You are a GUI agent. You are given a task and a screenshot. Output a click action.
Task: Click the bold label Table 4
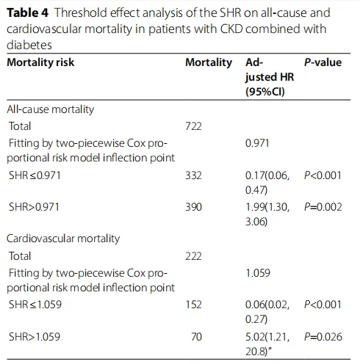28,13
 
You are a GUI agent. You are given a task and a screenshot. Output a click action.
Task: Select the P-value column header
323,62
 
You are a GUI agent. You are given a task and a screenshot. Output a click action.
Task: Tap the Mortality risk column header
40,62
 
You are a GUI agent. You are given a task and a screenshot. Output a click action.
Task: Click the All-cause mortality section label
51,109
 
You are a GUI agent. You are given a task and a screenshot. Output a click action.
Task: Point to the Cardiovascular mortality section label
63,239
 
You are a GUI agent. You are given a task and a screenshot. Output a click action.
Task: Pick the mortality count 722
193,126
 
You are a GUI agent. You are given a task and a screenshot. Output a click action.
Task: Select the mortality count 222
193,256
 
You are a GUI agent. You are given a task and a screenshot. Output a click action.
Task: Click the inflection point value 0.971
257,143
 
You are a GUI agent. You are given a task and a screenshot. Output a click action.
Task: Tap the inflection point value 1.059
258,273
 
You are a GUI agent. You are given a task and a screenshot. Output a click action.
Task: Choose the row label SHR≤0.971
35,175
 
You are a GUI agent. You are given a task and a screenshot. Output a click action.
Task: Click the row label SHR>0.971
34,207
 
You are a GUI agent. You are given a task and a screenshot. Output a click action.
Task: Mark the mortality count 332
193,175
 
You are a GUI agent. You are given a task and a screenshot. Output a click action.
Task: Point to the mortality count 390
193,207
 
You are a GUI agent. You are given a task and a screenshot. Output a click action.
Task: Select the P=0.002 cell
323,207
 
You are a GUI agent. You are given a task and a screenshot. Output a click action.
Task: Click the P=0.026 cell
323,337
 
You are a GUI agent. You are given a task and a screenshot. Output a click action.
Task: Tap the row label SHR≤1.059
35,305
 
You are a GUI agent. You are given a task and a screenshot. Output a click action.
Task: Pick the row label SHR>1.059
35,337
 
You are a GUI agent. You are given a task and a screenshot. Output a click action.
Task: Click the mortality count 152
193,305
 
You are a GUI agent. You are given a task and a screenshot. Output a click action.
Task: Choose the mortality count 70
196,337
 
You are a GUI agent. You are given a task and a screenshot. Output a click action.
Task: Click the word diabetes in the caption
29,45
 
